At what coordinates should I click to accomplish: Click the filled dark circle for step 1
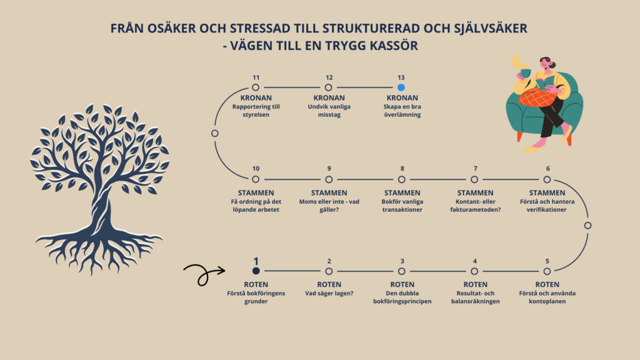pyautogui.click(x=255, y=271)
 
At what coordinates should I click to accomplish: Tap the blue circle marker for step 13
pyautogui.click(x=401, y=87)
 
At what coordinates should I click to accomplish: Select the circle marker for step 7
pyautogui.click(x=474, y=179)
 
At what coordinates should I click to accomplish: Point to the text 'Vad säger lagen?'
pyautogui.click(x=329, y=292)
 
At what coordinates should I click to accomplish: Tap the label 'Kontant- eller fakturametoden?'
pyautogui.click(x=475, y=206)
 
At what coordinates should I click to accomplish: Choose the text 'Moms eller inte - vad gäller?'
pyautogui.click(x=329, y=206)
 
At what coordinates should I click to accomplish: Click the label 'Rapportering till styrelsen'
pyautogui.click(x=256, y=111)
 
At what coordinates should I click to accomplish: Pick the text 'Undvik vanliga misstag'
pyautogui.click(x=329, y=111)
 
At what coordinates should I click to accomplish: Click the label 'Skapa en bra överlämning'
pyautogui.click(x=401, y=111)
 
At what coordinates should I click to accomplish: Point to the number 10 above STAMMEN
pyautogui.click(x=256, y=169)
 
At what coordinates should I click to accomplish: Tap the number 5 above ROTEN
pyautogui.click(x=547, y=261)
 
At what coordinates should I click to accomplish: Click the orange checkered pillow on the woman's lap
pyautogui.click(x=538, y=98)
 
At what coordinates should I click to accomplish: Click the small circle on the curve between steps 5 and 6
pyautogui.click(x=587, y=225)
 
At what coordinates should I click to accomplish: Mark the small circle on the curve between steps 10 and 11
pyautogui.click(x=215, y=133)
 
